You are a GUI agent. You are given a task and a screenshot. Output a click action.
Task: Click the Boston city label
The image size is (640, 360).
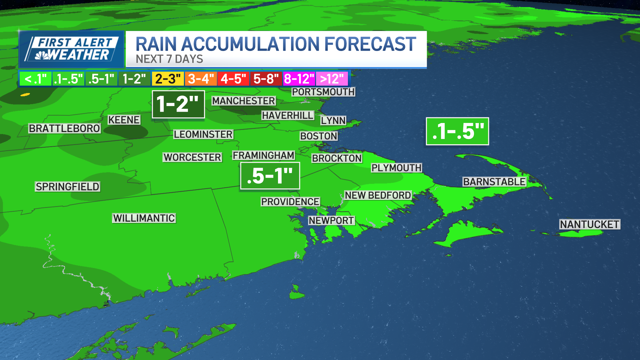pyautogui.click(x=319, y=136)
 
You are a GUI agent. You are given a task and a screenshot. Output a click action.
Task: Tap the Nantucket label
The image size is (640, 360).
pyautogui.click(x=589, y=224)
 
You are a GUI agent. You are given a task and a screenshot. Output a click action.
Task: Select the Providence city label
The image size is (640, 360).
pyautogui.click(x=290, y=202)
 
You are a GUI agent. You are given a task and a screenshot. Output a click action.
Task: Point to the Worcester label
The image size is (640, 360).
pyautogui.click(x=192, y=157)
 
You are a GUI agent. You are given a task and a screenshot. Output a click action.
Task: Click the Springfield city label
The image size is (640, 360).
pyautogui.click(x=67, y=187)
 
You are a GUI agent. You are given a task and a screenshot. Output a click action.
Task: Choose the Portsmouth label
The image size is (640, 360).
pyautogui.click(x=323, y=92)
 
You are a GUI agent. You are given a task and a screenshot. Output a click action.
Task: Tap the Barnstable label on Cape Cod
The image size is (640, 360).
pyautogui.click(x=494, y=182)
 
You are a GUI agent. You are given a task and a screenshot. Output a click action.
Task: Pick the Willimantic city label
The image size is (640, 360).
pyautogui.click(x=144, y=218)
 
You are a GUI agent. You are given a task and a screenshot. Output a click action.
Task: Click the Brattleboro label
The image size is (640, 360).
pyautogui.click(x=64, y=128)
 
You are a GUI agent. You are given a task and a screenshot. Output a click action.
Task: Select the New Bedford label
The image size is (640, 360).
pyautogui.click(x=378, y=195)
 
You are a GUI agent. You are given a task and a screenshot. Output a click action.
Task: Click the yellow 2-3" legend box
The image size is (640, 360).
pyautogui.click(x=168, y=79)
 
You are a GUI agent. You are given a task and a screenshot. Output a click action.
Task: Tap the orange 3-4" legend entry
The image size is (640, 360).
pyautogui.click(x=201, y=79)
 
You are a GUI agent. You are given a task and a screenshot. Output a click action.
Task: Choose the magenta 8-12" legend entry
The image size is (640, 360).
pyautogui.click(x=299, y=79)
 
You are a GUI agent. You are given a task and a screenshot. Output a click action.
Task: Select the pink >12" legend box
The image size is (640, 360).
pyautogui.click(x=332, y=79)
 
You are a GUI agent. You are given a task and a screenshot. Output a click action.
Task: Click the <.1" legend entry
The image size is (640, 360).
pyautogui.click(x=36, y=79)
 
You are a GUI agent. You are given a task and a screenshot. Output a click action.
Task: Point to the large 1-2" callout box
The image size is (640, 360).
pyautogui.click(x=178, y=104)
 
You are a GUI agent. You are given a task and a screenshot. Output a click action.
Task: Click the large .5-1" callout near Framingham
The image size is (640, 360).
pyautogui.click(x=270, y=176)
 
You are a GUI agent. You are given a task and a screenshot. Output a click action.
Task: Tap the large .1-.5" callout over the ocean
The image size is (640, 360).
pyautogui.click(x=457, y=131)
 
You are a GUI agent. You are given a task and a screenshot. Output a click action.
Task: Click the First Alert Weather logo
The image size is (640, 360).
pyautogui.click(x=72, y=49)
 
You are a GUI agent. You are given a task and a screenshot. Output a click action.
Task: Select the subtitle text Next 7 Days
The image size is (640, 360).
pyautogui.click(x=169, y=59)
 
